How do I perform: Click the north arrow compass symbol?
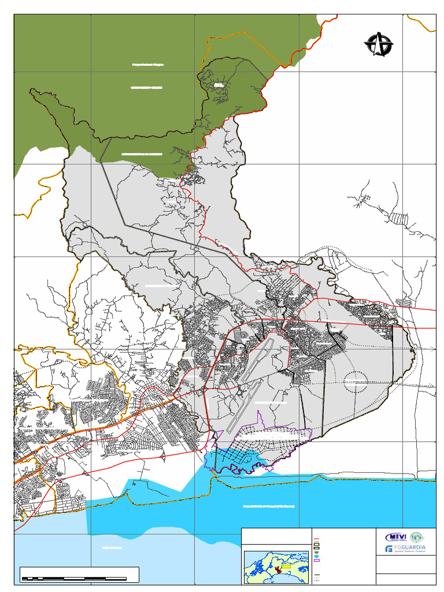(x=379, y=44)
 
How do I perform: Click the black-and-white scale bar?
(x=80, y=578)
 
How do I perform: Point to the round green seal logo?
(x=424, y=536)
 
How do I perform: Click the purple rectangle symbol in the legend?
(x=316, y=560)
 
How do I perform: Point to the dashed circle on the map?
(x=356, y=382)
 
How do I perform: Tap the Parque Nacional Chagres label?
(x=149, y=65)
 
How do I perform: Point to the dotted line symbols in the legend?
(x=316, y=578)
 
